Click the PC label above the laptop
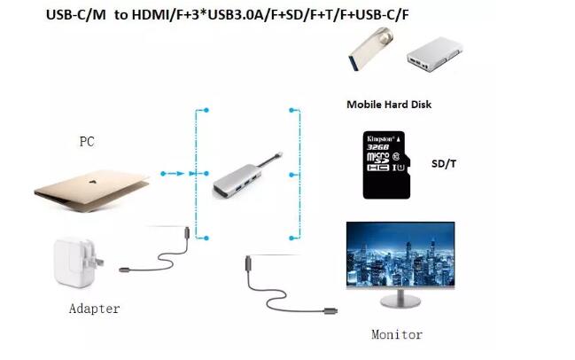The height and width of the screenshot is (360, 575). coord(87,142)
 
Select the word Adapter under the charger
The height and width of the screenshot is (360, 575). coord(94,309)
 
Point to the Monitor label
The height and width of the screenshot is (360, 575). coord(397,334)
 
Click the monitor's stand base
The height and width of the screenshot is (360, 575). coord(400,301)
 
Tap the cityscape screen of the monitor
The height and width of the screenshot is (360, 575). coord(400,254)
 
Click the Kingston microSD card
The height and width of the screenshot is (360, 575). coord(386,165)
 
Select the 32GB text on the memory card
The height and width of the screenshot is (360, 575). coord(377,147)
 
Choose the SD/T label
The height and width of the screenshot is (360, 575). coord(444,164)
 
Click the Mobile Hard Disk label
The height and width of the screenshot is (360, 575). coord(389,105)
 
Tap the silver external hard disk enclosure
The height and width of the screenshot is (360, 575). coord(434,54)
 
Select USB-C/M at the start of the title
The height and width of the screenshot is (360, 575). coord(76,15)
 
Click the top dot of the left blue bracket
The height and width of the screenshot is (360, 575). coord(206,110)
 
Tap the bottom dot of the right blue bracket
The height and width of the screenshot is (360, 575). coord(291,239)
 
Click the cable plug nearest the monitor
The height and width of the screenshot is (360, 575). coord(330,311)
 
